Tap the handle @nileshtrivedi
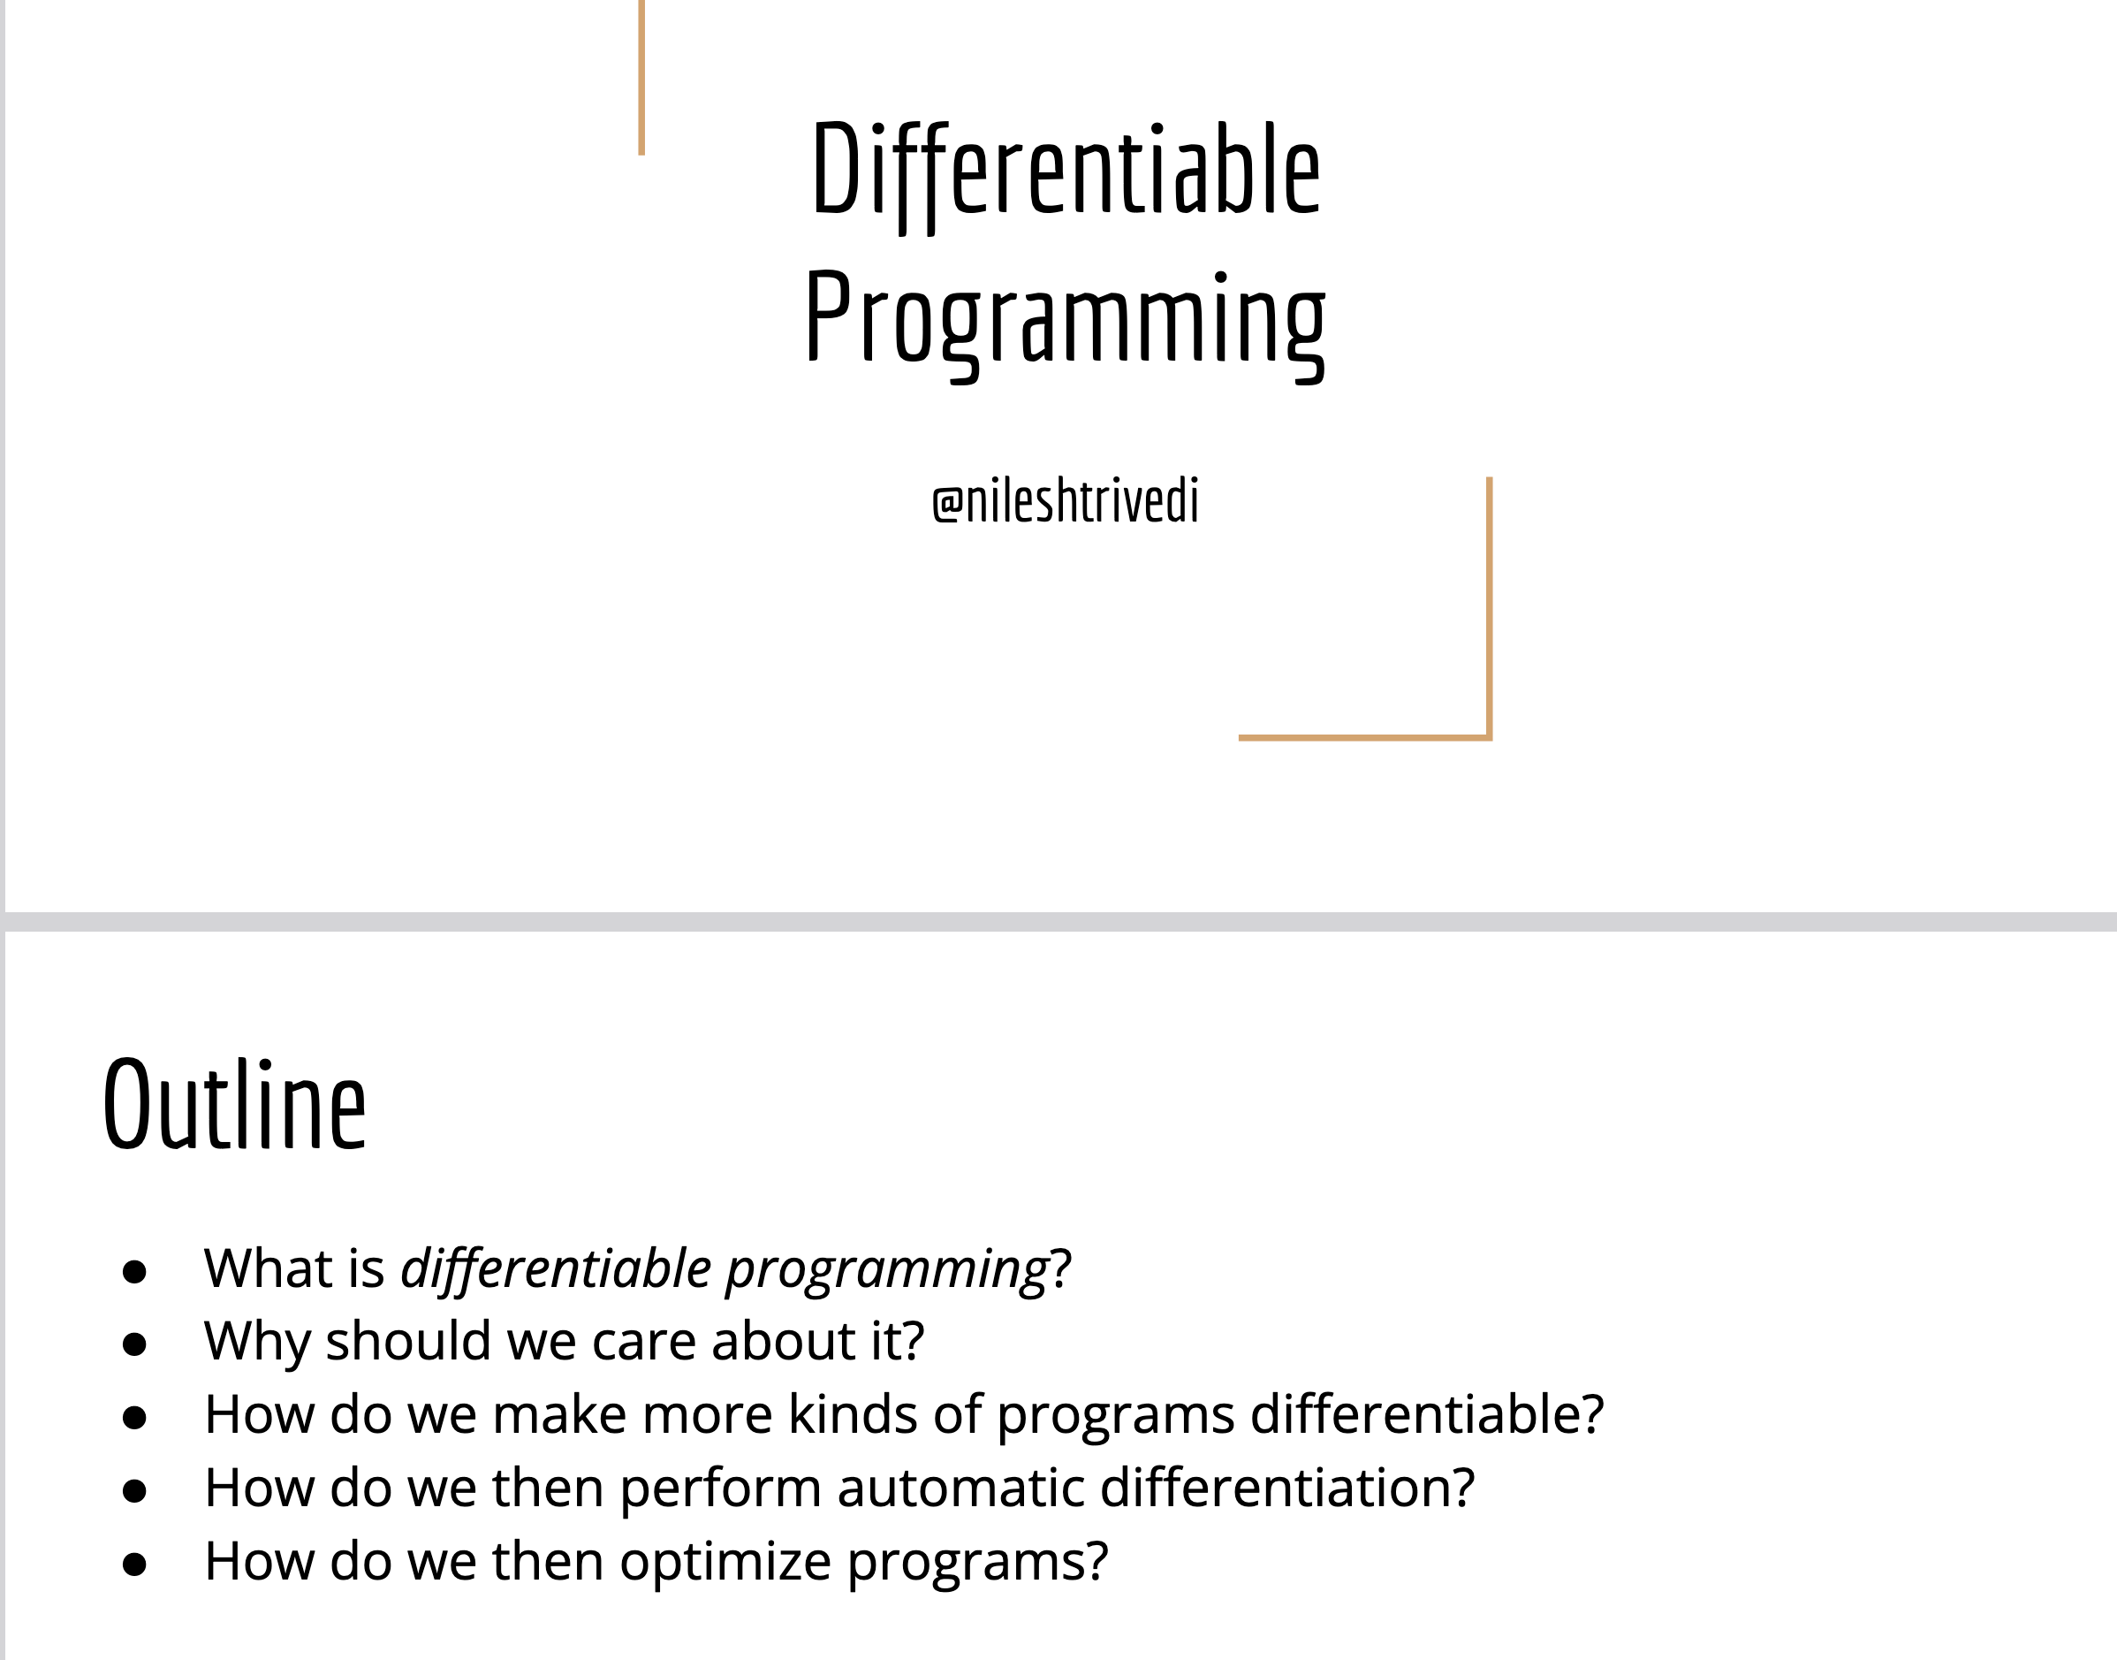click(x=1066, y=501)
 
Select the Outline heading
click(x=234, y=1104)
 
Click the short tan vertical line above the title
click(x=641, y=78)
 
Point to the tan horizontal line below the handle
click(x=1365, y=738)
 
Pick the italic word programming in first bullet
click(x=887, y=1271)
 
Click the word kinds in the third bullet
click(x=852, y=1414)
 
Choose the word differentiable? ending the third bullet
click(x=1426, y=1414)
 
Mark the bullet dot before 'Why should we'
click(x=134, y=1344)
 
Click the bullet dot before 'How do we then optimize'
click(x=134, y=1564)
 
